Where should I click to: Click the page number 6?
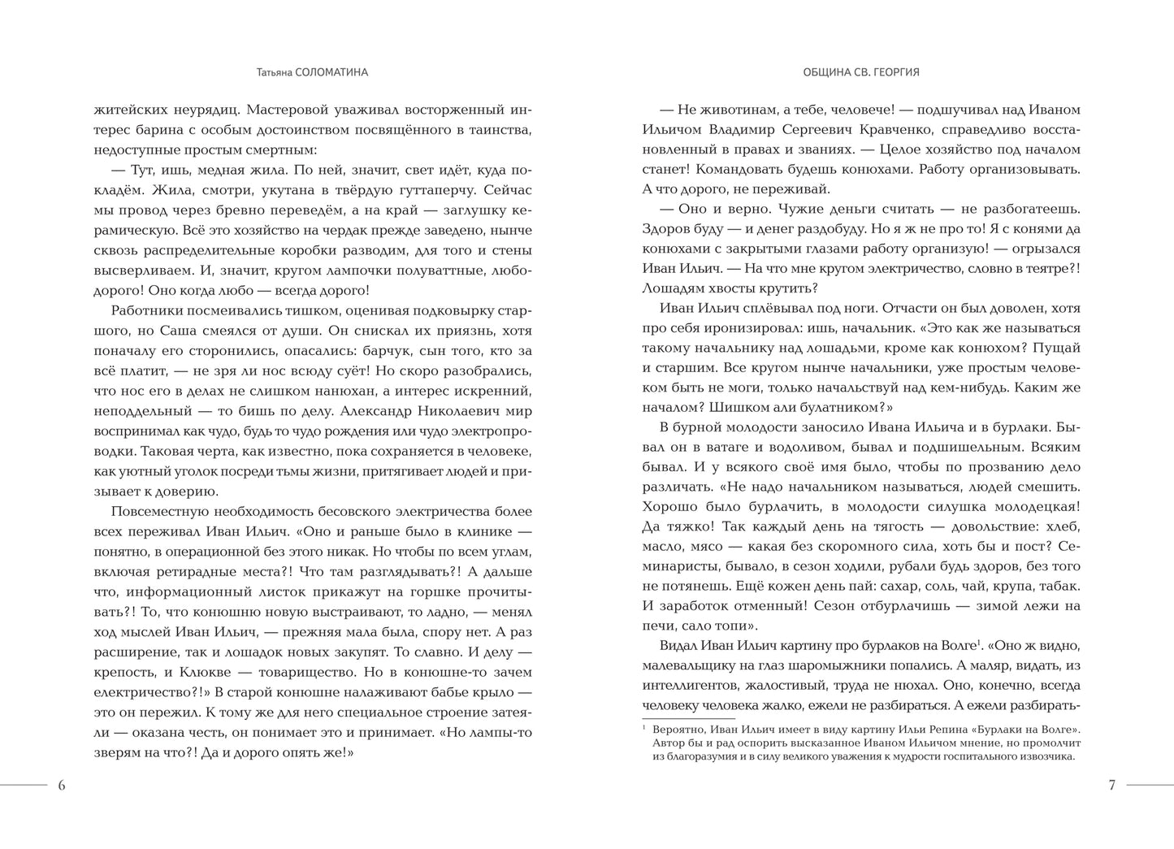click(62, 786)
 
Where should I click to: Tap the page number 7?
click(1111, 786)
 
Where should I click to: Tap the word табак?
click(1060, 586)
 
